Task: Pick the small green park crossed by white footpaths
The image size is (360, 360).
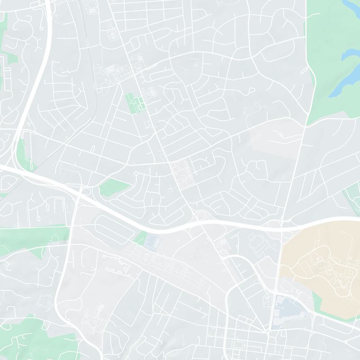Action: pos(134,102)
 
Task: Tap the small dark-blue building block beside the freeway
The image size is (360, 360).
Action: pos(152,241)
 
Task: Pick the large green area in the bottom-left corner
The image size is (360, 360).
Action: pos(27,337)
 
